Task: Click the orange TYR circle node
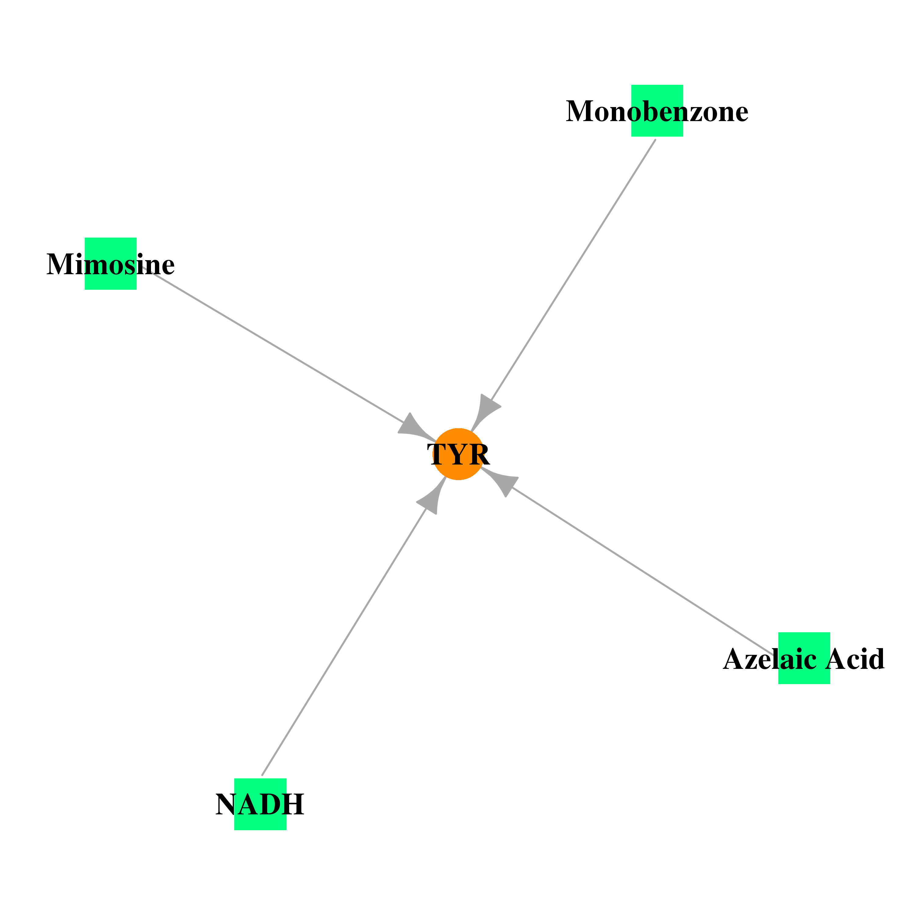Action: tap(458, 454)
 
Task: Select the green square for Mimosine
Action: tap(110, 263)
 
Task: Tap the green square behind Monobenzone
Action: tap(657, 111)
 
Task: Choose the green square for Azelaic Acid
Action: tap(804, 658)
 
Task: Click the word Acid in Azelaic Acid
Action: tap(855, 659)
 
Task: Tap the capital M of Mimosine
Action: tap(60, 264)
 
